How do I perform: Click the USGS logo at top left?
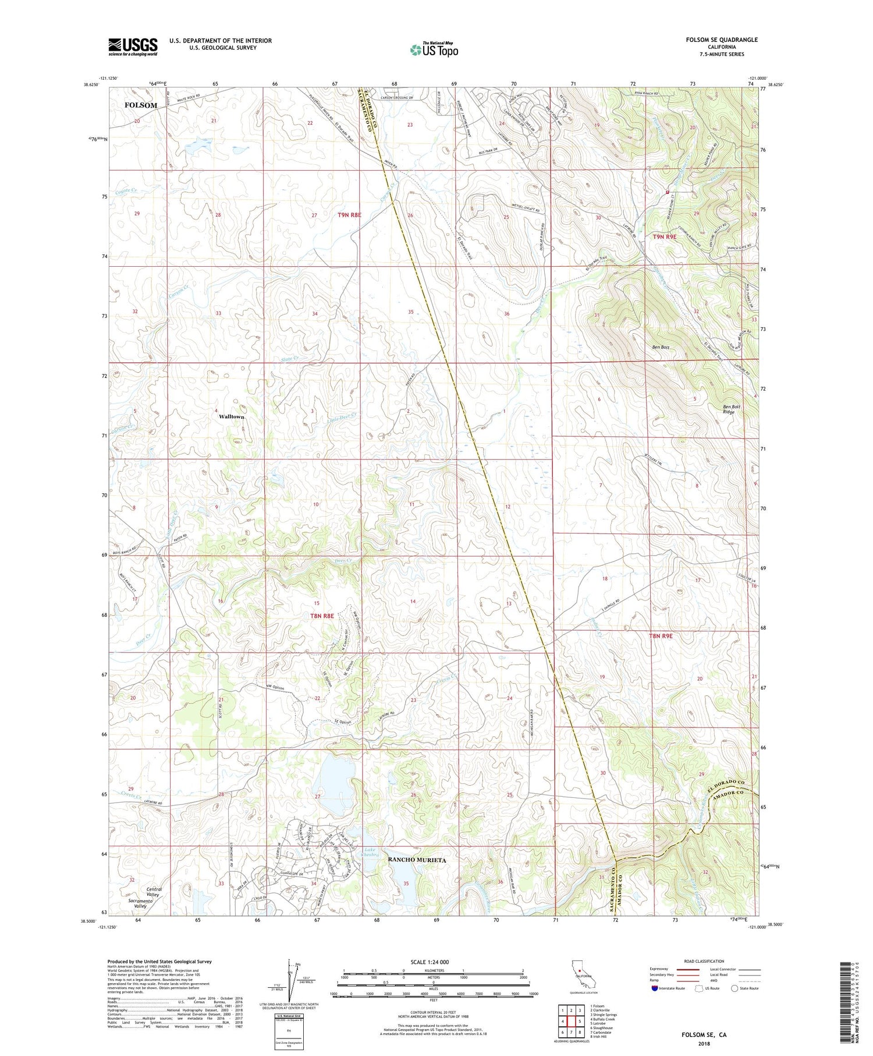[133, 46]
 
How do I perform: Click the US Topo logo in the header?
[434, 50]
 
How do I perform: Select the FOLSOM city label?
[141, 105]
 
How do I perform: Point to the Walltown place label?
[231, 417]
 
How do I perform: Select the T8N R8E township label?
[322, 616]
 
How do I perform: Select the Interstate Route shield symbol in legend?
[655, 988]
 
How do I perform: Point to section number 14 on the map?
[413, 601]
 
